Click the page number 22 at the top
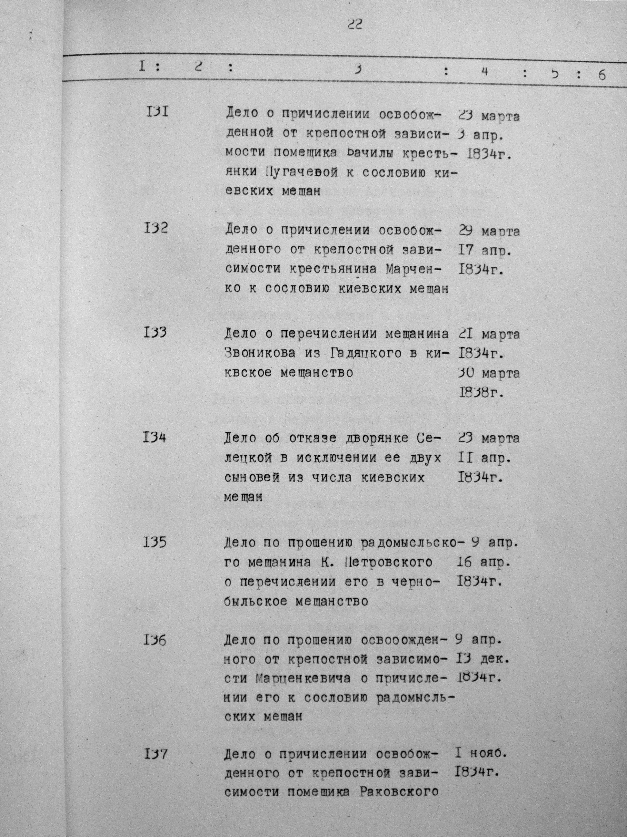[x=354, y=25]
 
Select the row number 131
[x=156, y=112]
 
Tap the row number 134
[x=154, y=438]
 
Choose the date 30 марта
[x=489, y=374]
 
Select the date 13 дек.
[x=482, y=659]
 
